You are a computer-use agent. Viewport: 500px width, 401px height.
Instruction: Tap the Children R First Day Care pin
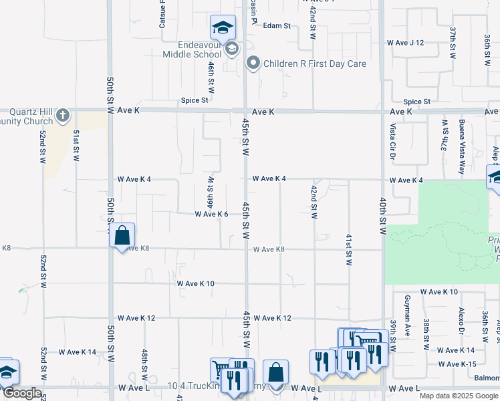coord(253,64)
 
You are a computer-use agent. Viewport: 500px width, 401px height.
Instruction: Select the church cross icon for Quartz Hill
coord(63,115)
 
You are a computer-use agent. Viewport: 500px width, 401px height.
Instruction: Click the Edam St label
coord(277,26)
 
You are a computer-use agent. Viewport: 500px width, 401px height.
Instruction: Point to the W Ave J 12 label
coord(406,43)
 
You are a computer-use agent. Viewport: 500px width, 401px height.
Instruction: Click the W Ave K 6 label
coord(212,215)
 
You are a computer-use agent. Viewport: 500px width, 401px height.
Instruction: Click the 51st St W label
coord(77,146)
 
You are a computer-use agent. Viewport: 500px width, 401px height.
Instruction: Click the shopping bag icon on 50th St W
coord(122,235)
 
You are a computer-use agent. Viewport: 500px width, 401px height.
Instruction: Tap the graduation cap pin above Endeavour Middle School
coord(222,27)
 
